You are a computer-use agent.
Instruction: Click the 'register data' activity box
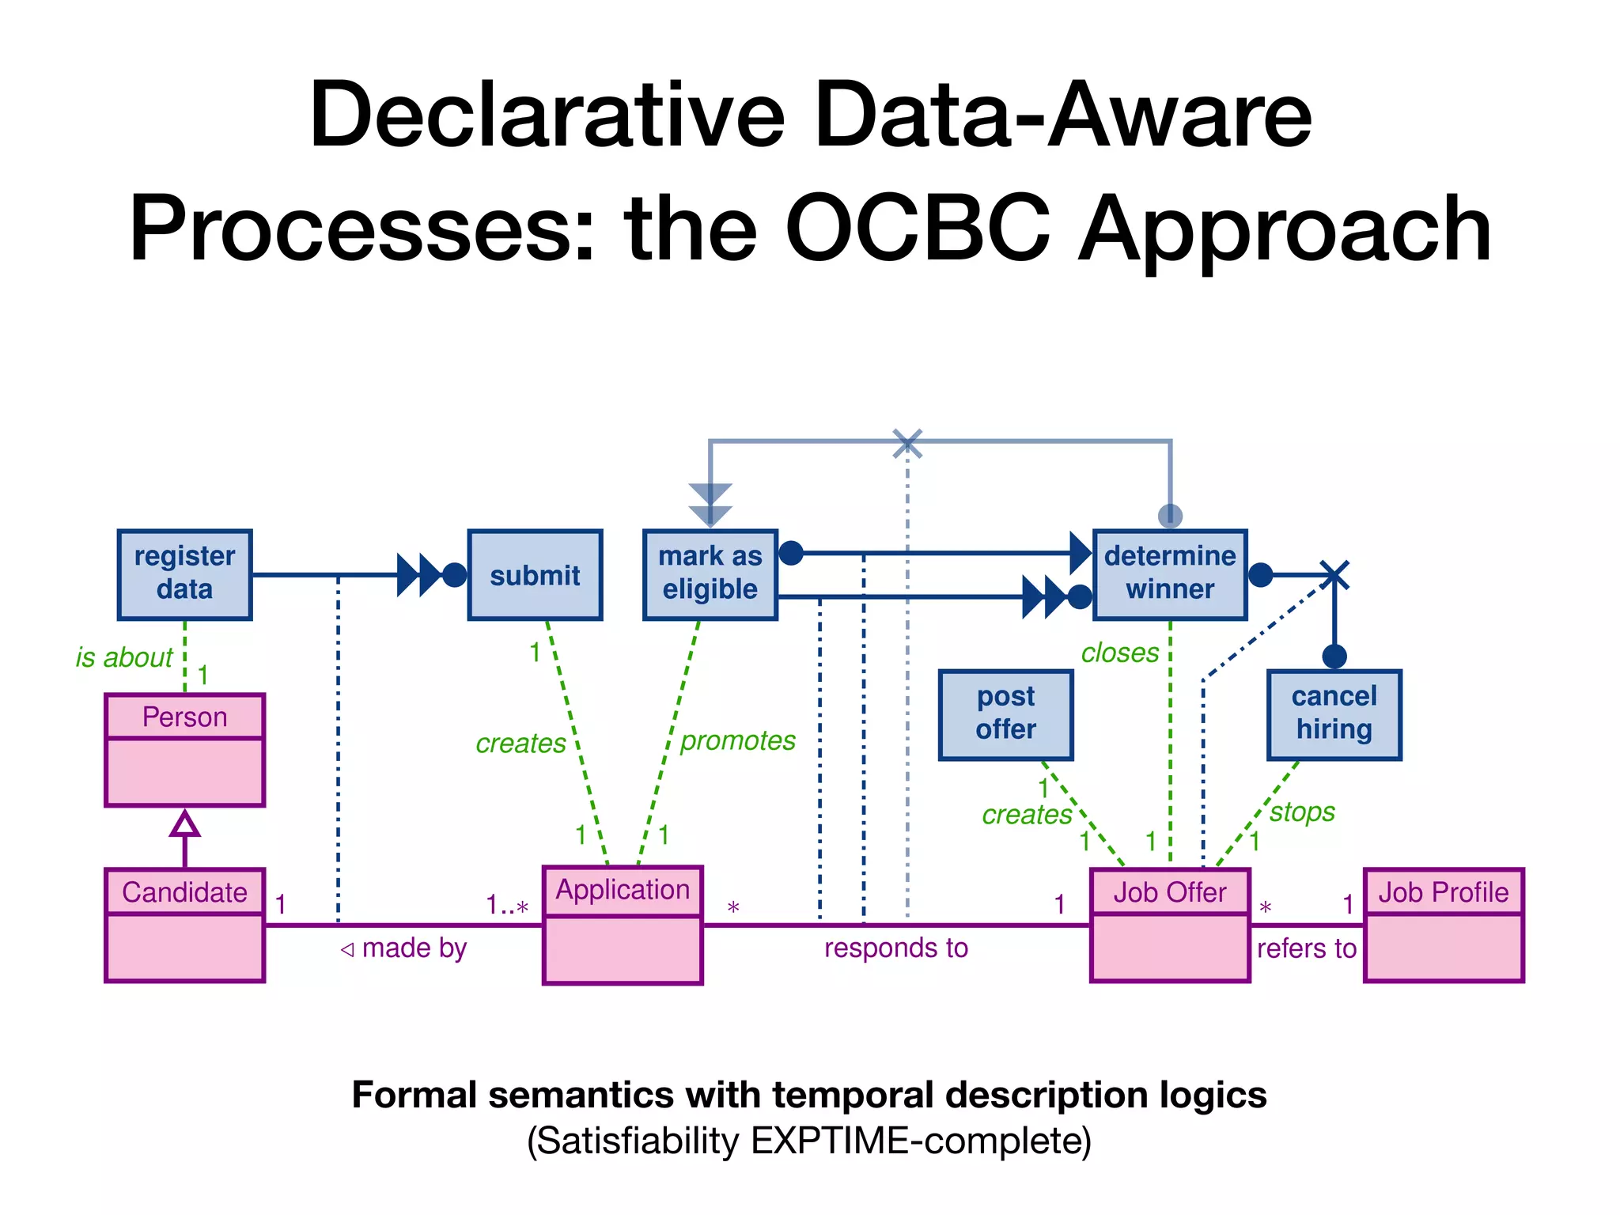point(184,574)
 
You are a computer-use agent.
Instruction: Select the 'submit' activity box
point(535,574)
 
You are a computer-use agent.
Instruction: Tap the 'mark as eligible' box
point(710,574)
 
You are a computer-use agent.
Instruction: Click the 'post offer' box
point(1005,714)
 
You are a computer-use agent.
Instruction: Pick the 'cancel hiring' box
point(1334,714)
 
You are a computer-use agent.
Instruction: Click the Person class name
point(184,717)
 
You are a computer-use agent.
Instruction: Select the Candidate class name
point(184,892)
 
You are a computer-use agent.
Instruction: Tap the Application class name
point(623,890)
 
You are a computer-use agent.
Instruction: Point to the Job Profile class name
point(1443,892)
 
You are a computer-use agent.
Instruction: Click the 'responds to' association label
point(895,948)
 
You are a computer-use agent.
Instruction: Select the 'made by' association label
point(414,948)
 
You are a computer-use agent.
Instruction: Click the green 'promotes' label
point(737,740)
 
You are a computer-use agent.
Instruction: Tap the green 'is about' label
point(124,657)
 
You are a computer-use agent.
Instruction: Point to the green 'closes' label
point(1119,653)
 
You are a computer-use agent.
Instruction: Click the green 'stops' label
point(1302,812)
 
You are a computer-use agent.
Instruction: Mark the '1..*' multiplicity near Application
point(506,905)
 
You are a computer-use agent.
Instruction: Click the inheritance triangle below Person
point(184,824)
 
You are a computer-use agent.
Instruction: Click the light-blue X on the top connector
point(907,444)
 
